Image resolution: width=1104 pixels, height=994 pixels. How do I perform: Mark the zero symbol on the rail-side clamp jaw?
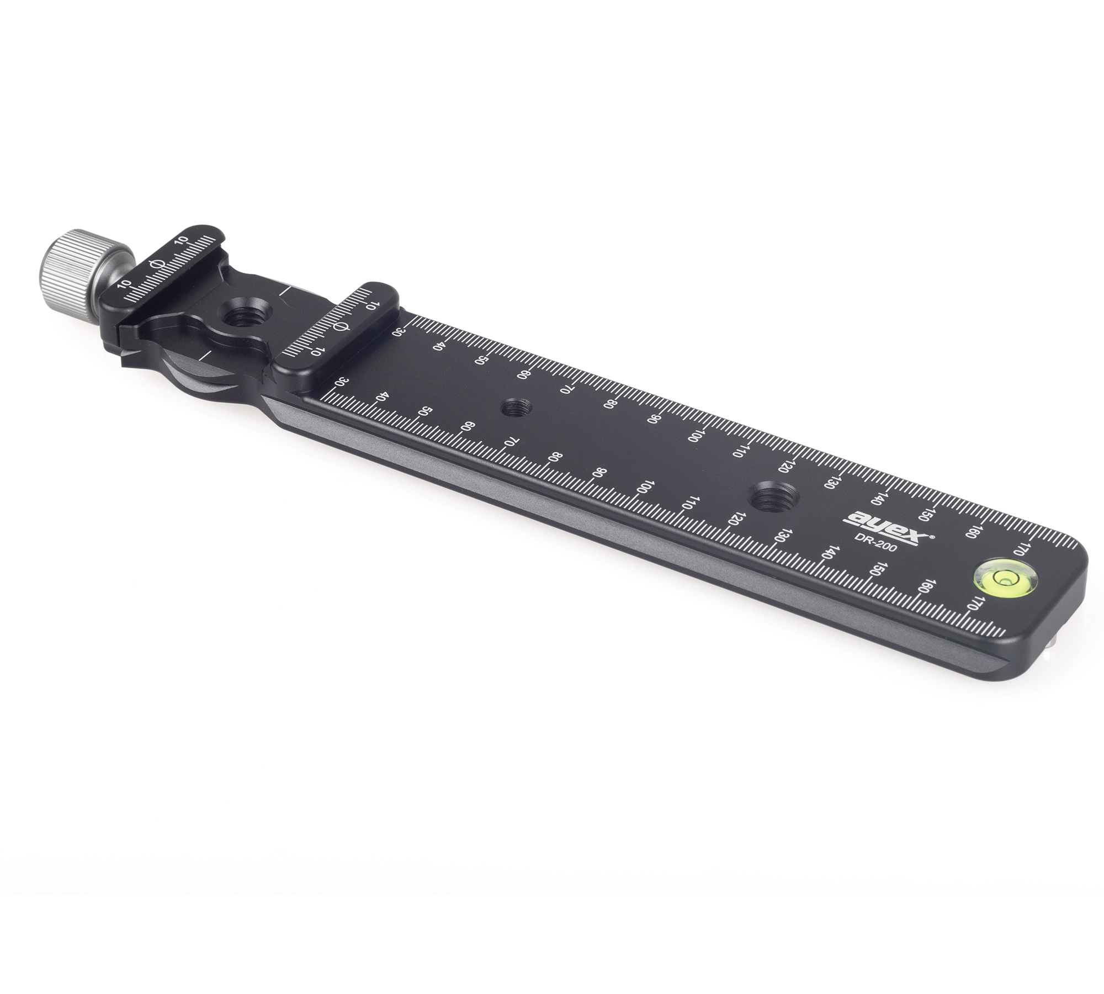point(341,327)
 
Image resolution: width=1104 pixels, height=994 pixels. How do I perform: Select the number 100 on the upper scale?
point(694,436)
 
